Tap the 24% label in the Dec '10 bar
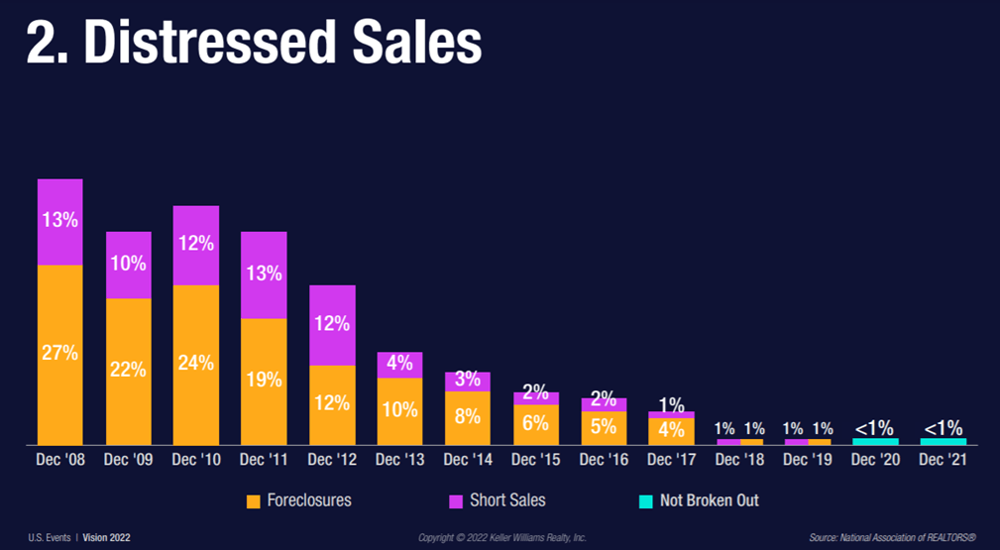pos(196,363)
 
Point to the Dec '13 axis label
pos(399,461)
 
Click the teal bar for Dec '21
pos(943,441)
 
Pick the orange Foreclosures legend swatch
pos(253,501)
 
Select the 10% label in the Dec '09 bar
pos(129,264)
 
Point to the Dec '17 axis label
pos(670,461)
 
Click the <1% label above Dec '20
pos(874,428)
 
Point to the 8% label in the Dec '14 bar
pos(467,416)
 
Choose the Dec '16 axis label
pos(603,461)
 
